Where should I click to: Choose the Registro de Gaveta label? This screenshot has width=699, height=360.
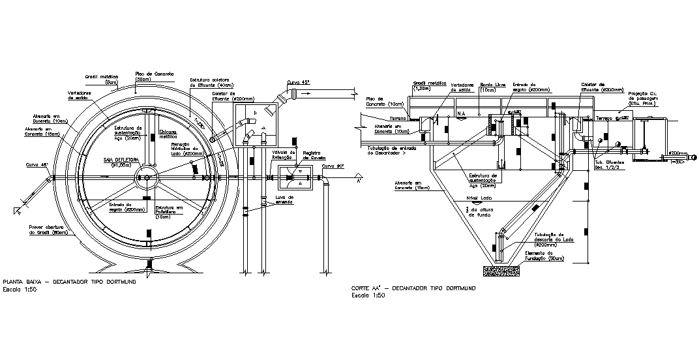(314, 155)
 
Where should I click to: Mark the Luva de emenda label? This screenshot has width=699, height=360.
(285, 199)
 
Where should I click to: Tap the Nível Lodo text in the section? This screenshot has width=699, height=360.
(479, 198)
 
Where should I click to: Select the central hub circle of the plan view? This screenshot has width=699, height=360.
(147, 178)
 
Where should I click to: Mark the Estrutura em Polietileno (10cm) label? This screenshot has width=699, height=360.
(170, 211)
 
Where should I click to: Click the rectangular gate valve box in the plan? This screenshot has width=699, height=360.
(296, 178)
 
